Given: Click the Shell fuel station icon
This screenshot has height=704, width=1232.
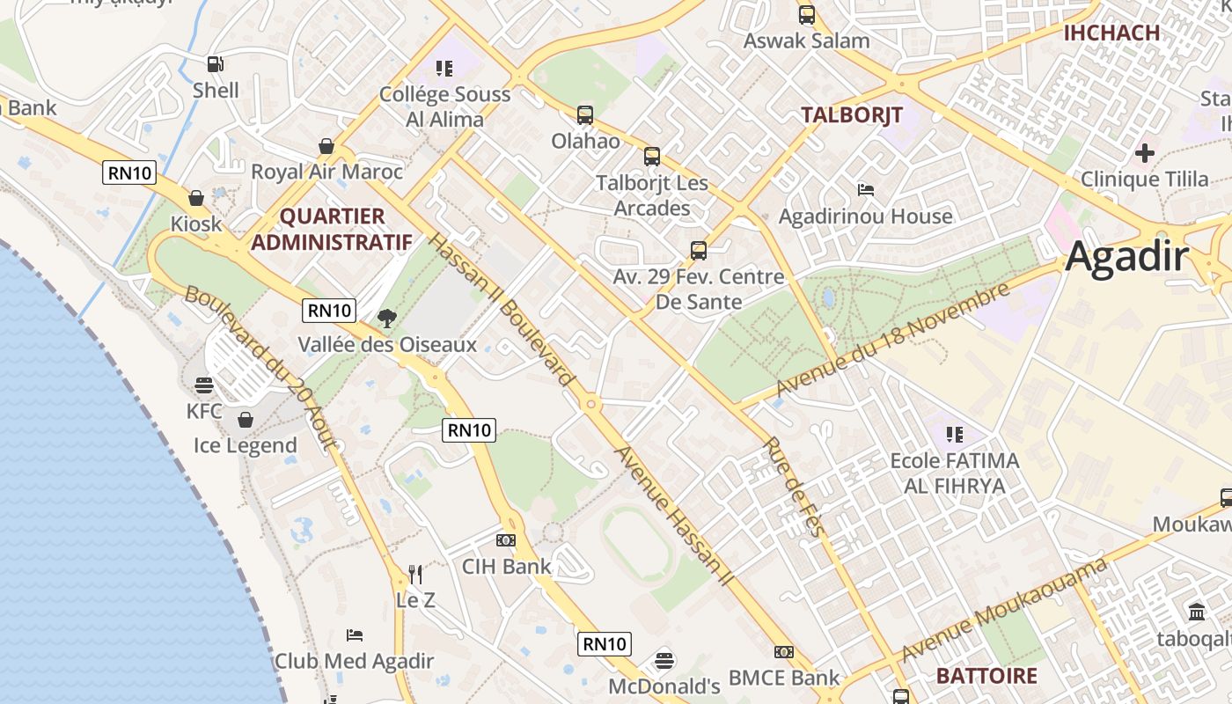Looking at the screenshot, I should (x=215, y=63).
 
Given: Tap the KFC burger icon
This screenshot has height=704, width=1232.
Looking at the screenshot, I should (x=204, y=385).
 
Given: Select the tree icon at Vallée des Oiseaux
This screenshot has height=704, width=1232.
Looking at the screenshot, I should (x=386, y=319).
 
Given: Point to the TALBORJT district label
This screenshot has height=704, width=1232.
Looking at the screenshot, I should (x=852, y=114).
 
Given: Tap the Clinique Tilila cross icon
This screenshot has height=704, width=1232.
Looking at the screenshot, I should (x=1144, y=153).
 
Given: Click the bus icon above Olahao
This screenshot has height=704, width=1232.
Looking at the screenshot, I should (x=585, y=114).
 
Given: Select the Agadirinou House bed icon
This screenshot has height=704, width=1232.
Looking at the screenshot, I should (x=865, y=190).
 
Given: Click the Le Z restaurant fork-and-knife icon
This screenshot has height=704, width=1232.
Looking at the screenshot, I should (x=416, y=575).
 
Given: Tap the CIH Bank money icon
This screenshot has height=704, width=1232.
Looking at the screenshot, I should (x=506, y=540).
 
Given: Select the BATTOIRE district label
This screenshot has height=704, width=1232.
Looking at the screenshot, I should (x=986, y=676).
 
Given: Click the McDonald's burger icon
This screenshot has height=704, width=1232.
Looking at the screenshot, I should (x=664, y=660).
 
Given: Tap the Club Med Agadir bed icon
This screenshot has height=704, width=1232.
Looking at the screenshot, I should (x=355, y=634).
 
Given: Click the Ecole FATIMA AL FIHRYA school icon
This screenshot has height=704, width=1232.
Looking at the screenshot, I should (x=954, y=434).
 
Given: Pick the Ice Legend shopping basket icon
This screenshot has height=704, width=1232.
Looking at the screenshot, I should (x=246, y=420).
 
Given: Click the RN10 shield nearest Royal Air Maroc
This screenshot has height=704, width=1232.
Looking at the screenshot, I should (x=130, y=172).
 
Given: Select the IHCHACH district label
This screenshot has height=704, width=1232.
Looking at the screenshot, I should (x=1111, y=33).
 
